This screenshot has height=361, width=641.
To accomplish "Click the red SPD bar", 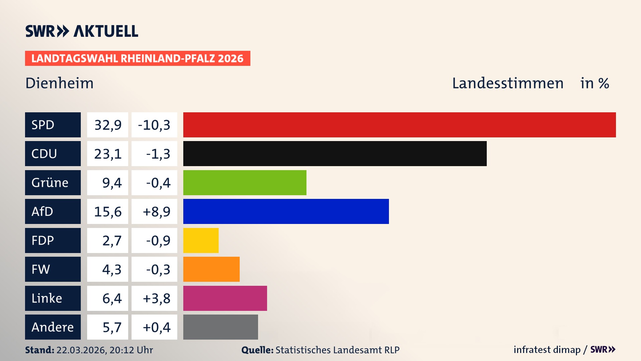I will [x=399, y=125].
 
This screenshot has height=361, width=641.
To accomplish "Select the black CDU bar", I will [x=335, y=154].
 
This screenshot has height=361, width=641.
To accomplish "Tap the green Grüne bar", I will [x=245, y=183].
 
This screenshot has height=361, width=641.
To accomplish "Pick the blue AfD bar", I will [x=286, y=212].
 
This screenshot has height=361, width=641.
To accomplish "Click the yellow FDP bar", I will [x=201, y=240].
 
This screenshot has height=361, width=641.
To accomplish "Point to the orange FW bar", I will [x=211, y=269].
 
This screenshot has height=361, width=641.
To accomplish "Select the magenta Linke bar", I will [x=225, y=298].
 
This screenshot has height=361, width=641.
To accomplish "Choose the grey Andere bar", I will [x=220, y=327].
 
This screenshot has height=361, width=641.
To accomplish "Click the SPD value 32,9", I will [x=108, y=125].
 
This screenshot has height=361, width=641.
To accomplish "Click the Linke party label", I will [x=47, y=298].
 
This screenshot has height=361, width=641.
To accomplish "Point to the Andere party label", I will [x=52, y=327].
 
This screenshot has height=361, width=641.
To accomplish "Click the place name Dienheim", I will [x=59, y=83].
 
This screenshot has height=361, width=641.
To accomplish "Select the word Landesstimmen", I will [x=507, y=83].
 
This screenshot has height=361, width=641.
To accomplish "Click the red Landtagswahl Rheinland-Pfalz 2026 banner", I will [x=138, y=58].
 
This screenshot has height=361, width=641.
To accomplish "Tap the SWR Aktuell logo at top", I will [x=82, y=31].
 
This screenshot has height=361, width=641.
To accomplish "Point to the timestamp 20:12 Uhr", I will [x=131, y=350].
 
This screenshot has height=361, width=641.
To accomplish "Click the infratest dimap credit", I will [x=547, y=350].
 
